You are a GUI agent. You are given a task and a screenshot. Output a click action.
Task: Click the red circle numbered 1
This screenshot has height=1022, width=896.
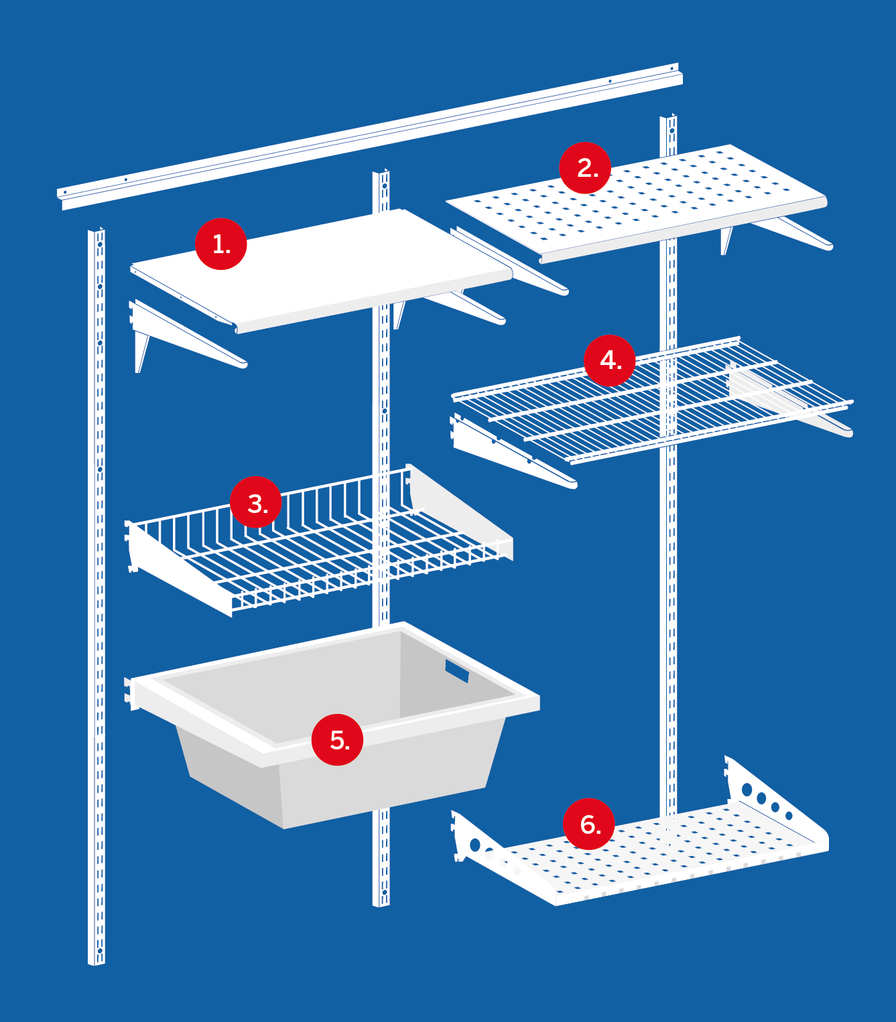point(220,244)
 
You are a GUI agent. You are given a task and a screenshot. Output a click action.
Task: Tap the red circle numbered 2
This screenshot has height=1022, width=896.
point(585,168)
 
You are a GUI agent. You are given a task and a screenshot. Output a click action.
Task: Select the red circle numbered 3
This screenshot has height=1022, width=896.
point(256,502)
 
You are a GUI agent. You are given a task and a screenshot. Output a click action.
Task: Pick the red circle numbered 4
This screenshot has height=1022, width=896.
point(610,361)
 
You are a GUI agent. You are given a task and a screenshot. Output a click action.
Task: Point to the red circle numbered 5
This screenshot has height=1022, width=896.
point(337,740)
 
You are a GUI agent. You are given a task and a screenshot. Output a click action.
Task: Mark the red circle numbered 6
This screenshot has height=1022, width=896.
point(588,824)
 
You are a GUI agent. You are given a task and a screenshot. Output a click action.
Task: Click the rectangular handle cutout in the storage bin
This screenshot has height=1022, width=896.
point(457,671)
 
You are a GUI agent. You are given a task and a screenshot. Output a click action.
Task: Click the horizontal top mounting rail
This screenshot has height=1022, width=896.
point(370,137)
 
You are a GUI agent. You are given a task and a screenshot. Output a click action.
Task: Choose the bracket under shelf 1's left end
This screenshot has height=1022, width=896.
point(187,336)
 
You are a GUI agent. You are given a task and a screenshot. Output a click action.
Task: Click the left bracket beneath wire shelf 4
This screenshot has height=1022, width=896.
point(513,451)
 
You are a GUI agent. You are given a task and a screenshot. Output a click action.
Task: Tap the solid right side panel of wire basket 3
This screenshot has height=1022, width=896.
point(459,512)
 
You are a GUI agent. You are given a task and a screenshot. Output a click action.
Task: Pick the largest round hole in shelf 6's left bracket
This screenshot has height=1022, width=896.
point(475,845)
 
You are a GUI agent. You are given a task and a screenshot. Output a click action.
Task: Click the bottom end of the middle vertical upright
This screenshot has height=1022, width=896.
point(381,905)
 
